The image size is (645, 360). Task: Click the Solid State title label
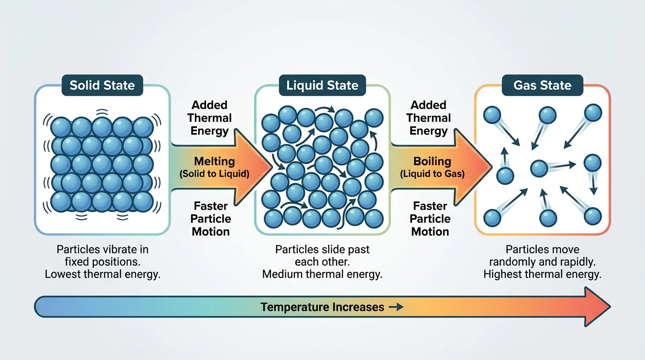click(x=102, y=85)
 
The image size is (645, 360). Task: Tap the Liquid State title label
click(x=322, y=85)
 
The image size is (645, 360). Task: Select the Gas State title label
click(x=542, y=85)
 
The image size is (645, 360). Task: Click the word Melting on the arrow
click(x=214, y=161)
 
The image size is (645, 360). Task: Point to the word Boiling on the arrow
click(x=432, y=161)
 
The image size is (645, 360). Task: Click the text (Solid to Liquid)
click(x=214, y=174)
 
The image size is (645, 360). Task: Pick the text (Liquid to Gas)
click(x=432, y=174)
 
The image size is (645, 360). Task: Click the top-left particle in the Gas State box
click(x=492, y=115)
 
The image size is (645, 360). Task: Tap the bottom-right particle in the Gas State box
click(x=593, y=216)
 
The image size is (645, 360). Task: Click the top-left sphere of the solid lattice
click(x=60, y=127)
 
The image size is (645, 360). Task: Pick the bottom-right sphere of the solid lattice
click(x=143, y=202)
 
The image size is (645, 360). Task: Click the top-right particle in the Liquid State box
click(x=374, y=117)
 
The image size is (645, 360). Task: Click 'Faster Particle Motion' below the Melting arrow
click(x=210, y=219)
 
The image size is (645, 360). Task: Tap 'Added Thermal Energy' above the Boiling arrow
click(x=428, y=118)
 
